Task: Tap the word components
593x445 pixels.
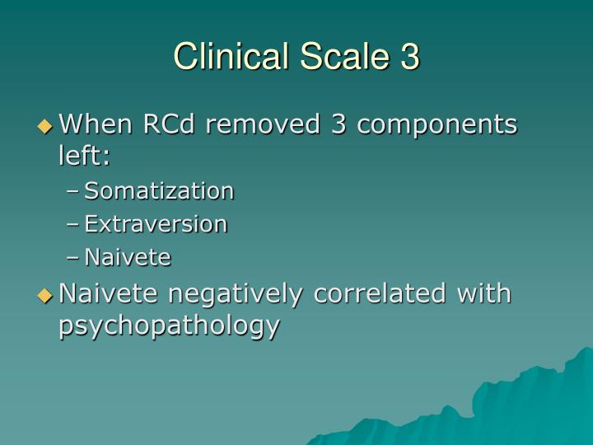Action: tap(436, 126)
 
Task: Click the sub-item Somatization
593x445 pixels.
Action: tap(160, 191)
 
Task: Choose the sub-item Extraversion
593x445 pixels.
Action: tap(156, 224)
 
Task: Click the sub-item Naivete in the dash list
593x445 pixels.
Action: tap(128, 258)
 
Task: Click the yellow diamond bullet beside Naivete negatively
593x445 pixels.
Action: tap(44, 294)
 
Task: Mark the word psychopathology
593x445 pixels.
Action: tap(170, 326)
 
